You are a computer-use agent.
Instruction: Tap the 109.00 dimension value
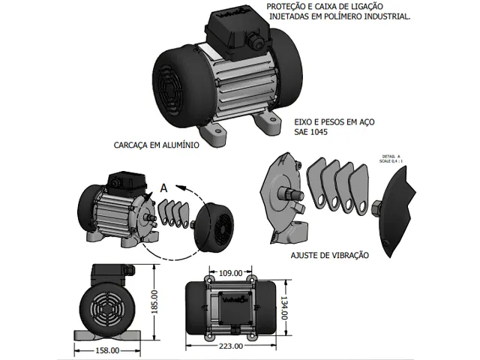pos(230,272)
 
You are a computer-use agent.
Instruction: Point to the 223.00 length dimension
pos(230,346)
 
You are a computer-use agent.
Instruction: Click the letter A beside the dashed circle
pos(163,187)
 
